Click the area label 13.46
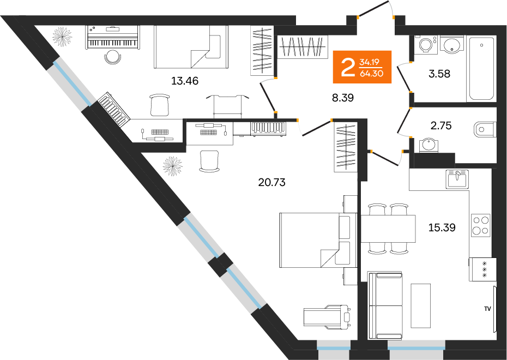tap(185, 82)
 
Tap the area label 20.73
tap(272, 182)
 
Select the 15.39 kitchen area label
tap(442, 227)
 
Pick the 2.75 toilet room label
tap(442, 126)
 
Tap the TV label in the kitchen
tap(487, 309)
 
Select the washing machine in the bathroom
tap(424, 44)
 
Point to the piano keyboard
tap(112, 43)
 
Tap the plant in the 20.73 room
tap(173, 165)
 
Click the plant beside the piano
tap(62, 37)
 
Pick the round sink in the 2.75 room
tap(428, 145)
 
